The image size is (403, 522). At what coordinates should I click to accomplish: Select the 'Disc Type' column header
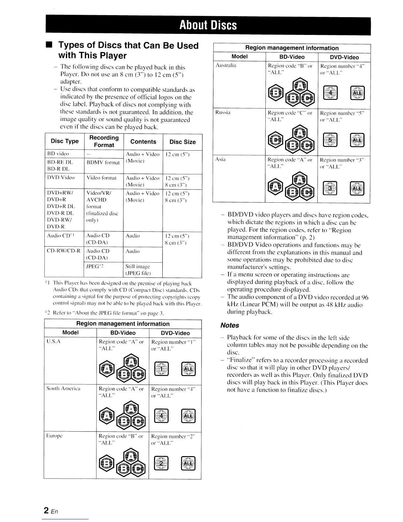pyautogui.click(x=65, y=141)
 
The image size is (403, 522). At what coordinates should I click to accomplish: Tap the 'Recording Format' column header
pyautogui.click(x=104, y=141)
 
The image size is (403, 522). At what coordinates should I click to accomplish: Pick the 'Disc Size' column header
pyautogui.click(x=182, y=142)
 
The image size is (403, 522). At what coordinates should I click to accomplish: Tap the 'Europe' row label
pyautogui.click(x=53, y=436)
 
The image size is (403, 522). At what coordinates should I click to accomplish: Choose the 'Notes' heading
pyautogui.click(x=230, y=325)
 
